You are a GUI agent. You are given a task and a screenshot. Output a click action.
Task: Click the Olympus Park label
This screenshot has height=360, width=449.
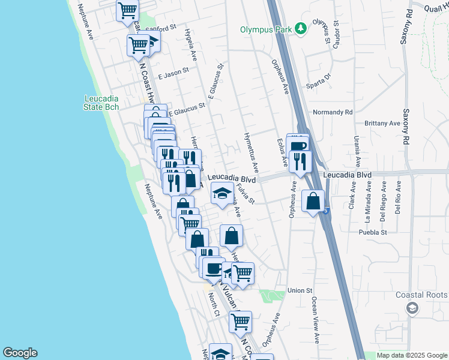click(265, 29)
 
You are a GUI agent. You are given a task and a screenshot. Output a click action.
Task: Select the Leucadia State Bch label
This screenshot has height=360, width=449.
click(101, 103)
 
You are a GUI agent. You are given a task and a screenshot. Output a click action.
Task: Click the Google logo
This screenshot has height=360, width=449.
click(20, 353)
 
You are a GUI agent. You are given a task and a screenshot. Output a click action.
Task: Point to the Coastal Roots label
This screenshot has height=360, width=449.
click(421, 295)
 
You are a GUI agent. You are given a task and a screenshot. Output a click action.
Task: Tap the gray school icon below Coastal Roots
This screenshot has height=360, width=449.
click(412, 308)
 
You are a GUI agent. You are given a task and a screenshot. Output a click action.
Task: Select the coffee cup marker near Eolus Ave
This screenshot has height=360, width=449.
click(298, 144)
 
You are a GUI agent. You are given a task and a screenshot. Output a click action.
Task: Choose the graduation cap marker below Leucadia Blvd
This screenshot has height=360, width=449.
click(222, 194)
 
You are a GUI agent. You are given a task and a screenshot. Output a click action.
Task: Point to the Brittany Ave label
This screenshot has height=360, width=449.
click(382, 123)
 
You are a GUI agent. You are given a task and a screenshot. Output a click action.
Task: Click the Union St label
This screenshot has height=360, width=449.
click(301, 290)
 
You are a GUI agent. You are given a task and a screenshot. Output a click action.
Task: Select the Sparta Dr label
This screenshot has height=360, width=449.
click(319, 77)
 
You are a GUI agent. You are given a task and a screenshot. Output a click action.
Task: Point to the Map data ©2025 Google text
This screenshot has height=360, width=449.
click(411, 355)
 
